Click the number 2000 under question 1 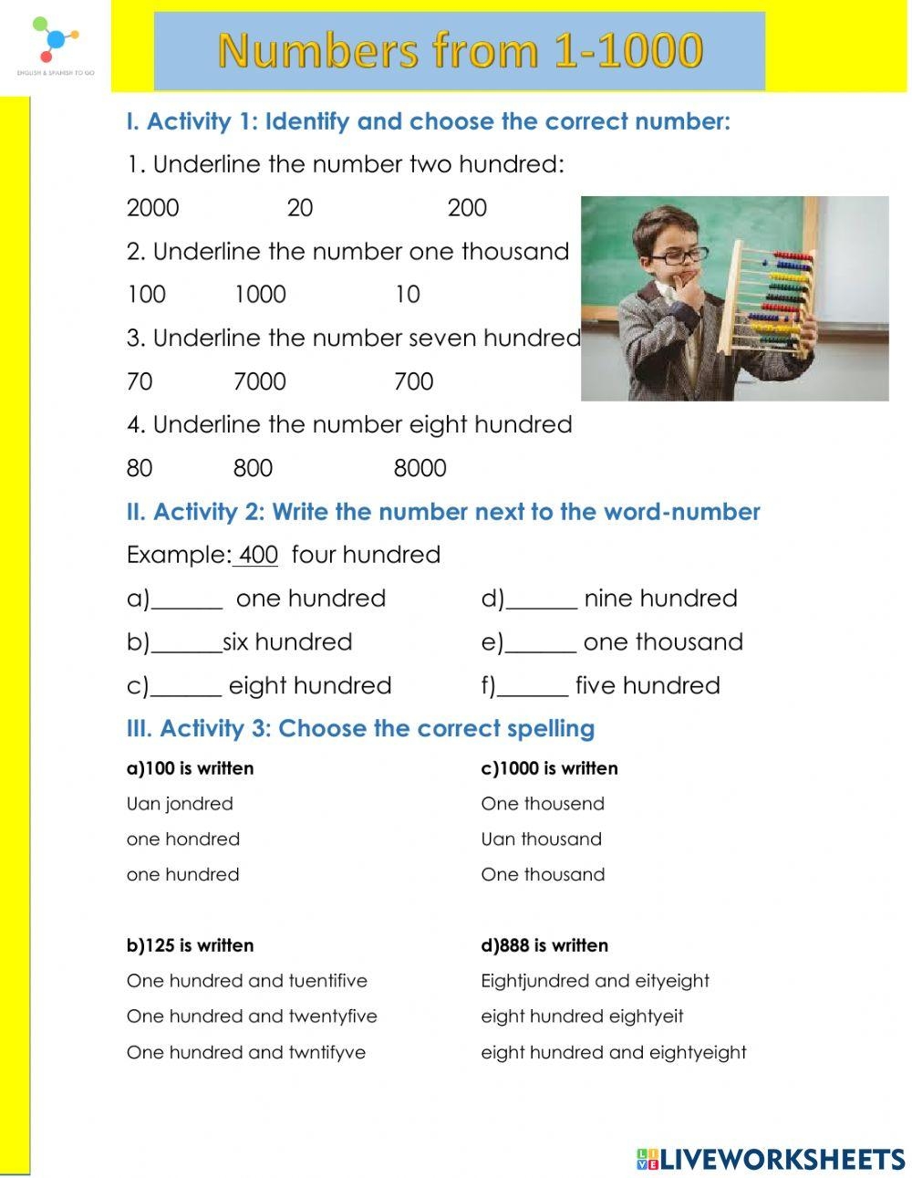152,208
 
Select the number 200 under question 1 467,208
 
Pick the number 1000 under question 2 260,295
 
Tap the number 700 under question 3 413,381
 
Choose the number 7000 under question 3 260,381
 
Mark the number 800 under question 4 253,469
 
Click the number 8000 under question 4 420,469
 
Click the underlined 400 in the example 258,555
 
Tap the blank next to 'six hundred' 187,643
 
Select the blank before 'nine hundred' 542,599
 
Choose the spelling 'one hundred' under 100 182,874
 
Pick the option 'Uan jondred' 180,804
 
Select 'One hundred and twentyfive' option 252,1016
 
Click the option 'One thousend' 543,804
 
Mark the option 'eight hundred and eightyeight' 614,1052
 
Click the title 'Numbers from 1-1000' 460,51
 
